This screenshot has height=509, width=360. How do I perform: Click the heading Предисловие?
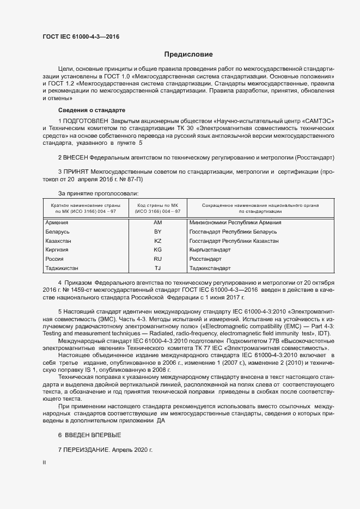(x=189, y=54)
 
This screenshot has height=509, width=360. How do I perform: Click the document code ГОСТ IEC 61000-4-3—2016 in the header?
(x=81, y=36)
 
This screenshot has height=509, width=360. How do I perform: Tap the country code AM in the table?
(x=158, y=223)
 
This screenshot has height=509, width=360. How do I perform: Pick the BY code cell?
(x=158, y=232)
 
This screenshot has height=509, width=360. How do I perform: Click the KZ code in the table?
(x=158, y=241)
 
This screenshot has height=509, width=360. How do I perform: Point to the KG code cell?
(x=158, y=250)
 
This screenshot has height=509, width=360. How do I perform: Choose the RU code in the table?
(x=158, y=259)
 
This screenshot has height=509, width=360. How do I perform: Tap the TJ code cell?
(x=158, y=268)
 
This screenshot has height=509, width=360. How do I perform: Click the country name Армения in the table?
(x=57, y=223)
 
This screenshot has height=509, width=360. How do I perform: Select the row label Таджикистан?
(x=62, y=268)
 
